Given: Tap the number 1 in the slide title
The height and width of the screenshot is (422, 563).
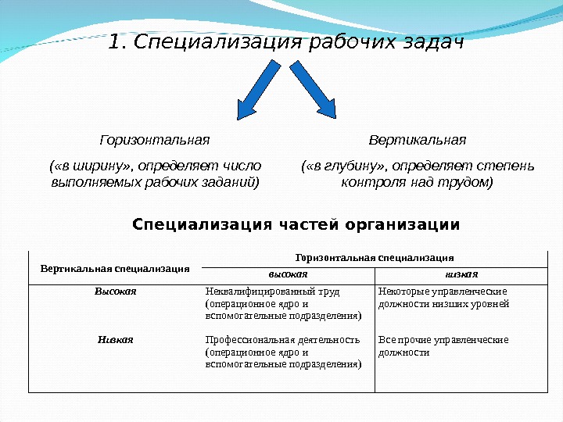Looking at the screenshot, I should (x=116, y=41).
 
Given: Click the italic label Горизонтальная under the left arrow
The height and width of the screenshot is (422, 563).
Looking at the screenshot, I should (x=155, y=140).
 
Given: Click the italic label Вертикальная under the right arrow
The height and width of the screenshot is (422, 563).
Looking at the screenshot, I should (x=417, y=140).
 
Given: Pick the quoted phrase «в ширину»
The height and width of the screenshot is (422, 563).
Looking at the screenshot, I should (x=91, y=166).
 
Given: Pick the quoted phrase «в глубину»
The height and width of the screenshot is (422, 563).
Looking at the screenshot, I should (x=346, y=166).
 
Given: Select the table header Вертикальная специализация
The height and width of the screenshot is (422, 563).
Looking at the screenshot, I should (x=115, y=268).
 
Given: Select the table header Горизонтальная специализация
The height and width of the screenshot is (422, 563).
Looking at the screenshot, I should (x=375, y=256).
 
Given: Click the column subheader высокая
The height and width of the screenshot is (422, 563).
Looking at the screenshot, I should (x=289, y=274).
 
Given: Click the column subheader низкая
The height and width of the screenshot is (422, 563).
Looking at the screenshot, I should (x=461, y=274).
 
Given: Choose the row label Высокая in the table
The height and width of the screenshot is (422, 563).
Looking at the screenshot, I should (x=116, y=291).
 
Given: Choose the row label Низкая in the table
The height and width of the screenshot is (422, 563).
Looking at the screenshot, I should (x=116, y=340).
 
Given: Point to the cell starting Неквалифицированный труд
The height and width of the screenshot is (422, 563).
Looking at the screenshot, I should (x=282, y=303).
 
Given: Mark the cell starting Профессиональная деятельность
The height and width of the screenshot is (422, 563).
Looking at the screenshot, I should (x=282, y=352).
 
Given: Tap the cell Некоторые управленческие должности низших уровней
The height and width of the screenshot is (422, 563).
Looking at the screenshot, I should (x=443, y=298).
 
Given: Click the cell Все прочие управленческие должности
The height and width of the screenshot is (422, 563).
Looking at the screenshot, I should (x=443, y=346).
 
